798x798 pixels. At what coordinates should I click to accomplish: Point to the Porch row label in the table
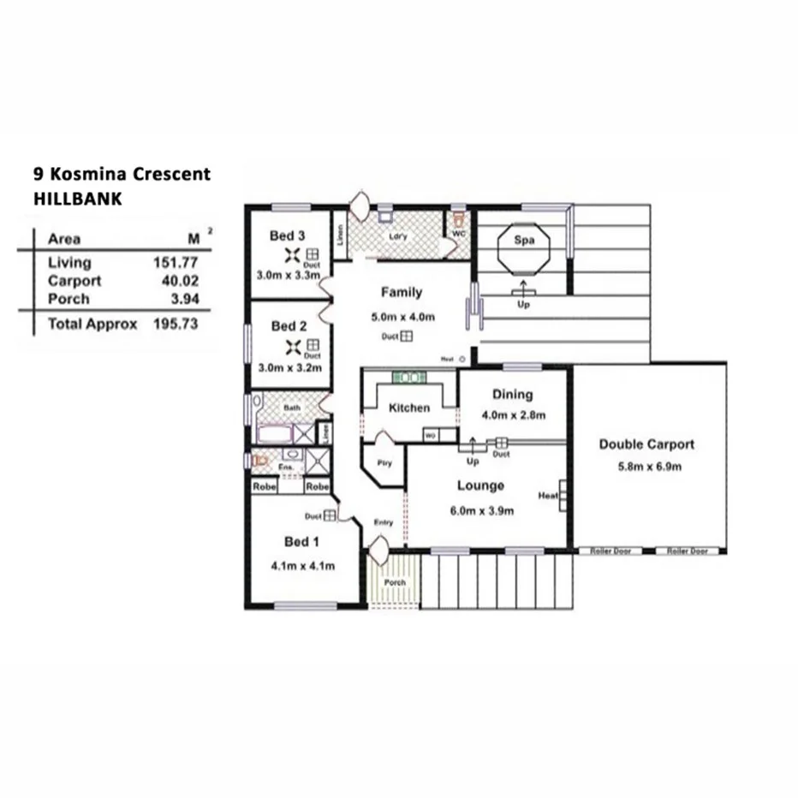68,299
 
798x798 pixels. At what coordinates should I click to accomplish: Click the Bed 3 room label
288,235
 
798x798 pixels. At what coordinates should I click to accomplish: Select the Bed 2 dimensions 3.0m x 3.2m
289,368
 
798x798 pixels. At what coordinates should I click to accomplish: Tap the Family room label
402,292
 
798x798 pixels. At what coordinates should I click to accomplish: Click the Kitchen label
409,408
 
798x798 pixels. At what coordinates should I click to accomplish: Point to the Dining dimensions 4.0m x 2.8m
513,415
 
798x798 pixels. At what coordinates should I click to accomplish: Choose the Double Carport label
646,444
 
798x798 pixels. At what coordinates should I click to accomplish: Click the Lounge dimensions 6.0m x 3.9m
480,511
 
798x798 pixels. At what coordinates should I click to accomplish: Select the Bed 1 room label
302,541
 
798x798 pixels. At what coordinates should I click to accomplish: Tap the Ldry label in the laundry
396,236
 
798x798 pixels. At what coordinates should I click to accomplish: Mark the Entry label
384,523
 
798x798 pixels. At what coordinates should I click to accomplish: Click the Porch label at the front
395,583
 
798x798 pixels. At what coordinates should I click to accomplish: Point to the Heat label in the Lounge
548,496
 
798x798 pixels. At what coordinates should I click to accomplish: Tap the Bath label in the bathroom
292,408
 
